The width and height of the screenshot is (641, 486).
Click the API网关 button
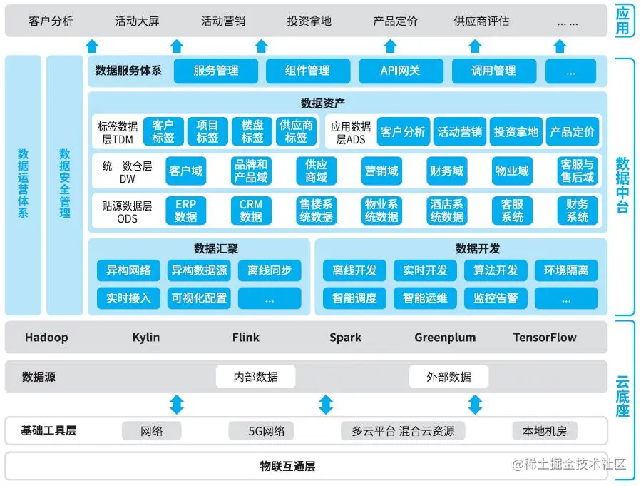pos(400,71)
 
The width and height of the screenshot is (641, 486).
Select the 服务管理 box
pos(215,71)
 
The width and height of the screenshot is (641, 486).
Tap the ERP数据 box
pos(185,211)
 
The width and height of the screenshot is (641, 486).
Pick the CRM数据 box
pos(251,211)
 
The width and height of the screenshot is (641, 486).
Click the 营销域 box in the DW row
pos(381,171)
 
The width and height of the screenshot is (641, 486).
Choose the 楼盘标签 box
pos(252,132)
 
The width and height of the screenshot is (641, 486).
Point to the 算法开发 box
pos(496,270)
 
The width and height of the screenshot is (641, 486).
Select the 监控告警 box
pos(496,298)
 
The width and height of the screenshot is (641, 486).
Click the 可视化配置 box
pos(199,298)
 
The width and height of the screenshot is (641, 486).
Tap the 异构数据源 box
pos(199,270)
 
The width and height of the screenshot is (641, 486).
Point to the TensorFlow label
pos(545,338)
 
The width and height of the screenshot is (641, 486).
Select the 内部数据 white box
pos(256,377)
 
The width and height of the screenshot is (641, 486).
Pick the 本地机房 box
pos(545,431)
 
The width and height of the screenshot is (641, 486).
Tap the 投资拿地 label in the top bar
pos(309,21)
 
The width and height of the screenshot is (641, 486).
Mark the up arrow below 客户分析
pos(91,46)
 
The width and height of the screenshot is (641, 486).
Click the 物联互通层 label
pos(287,467)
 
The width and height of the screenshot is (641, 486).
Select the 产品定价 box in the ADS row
pos(573,132)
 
